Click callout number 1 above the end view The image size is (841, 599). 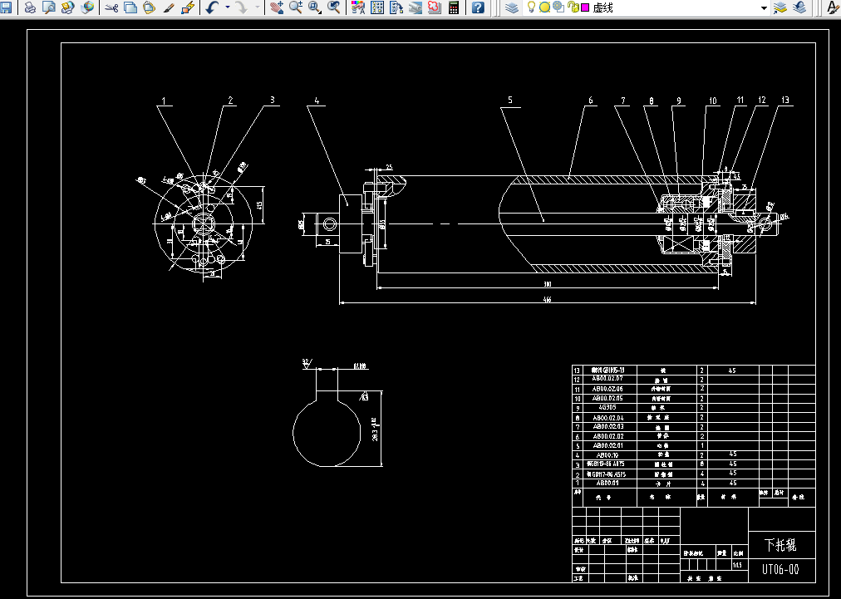(x=164, y=101)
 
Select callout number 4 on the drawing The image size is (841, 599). (x=316, y=101)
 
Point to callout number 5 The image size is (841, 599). (x=510, y=101)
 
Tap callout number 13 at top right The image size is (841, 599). (x=784, y=101)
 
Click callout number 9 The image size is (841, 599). (x=678, y=101)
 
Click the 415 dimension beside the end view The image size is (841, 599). (x=259, y=204)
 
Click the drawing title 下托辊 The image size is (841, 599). (x=780, y=545)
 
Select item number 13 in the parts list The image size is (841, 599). (x=578, y=371)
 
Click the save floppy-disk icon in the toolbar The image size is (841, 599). (x=6, y=7)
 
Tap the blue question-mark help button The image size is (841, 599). (x=479, y=7)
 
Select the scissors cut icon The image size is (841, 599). (x=111, y=7)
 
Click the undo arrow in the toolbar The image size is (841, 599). (x=212, y=7)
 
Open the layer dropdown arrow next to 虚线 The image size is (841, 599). (x=764, y=7)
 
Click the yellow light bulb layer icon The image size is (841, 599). (x=532, y=7)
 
